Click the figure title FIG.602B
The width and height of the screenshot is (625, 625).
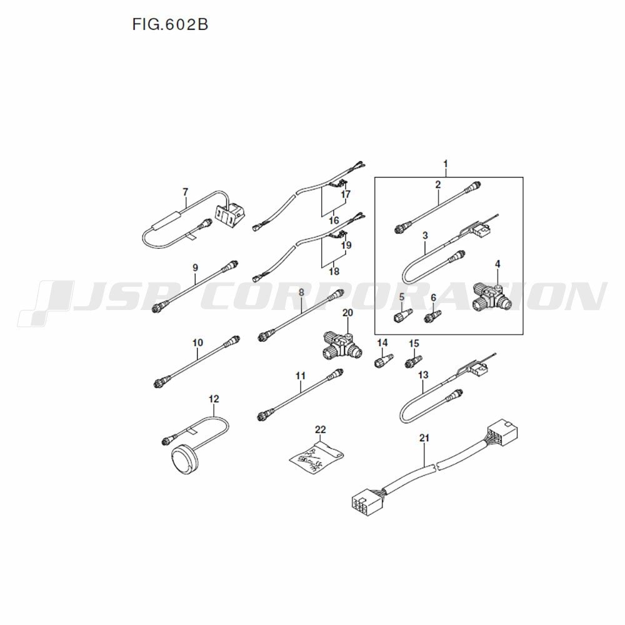170,25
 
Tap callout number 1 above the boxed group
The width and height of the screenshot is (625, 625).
446,164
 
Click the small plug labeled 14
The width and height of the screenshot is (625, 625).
384,360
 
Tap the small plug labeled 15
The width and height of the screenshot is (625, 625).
414,361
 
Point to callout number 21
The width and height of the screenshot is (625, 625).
424,438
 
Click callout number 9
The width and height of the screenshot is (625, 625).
195,267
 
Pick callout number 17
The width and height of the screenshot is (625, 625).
346,194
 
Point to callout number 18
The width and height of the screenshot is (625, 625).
334,271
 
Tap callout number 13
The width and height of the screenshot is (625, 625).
423,374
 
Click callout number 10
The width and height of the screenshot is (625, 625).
197,342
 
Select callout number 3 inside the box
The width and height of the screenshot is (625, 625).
425,235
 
